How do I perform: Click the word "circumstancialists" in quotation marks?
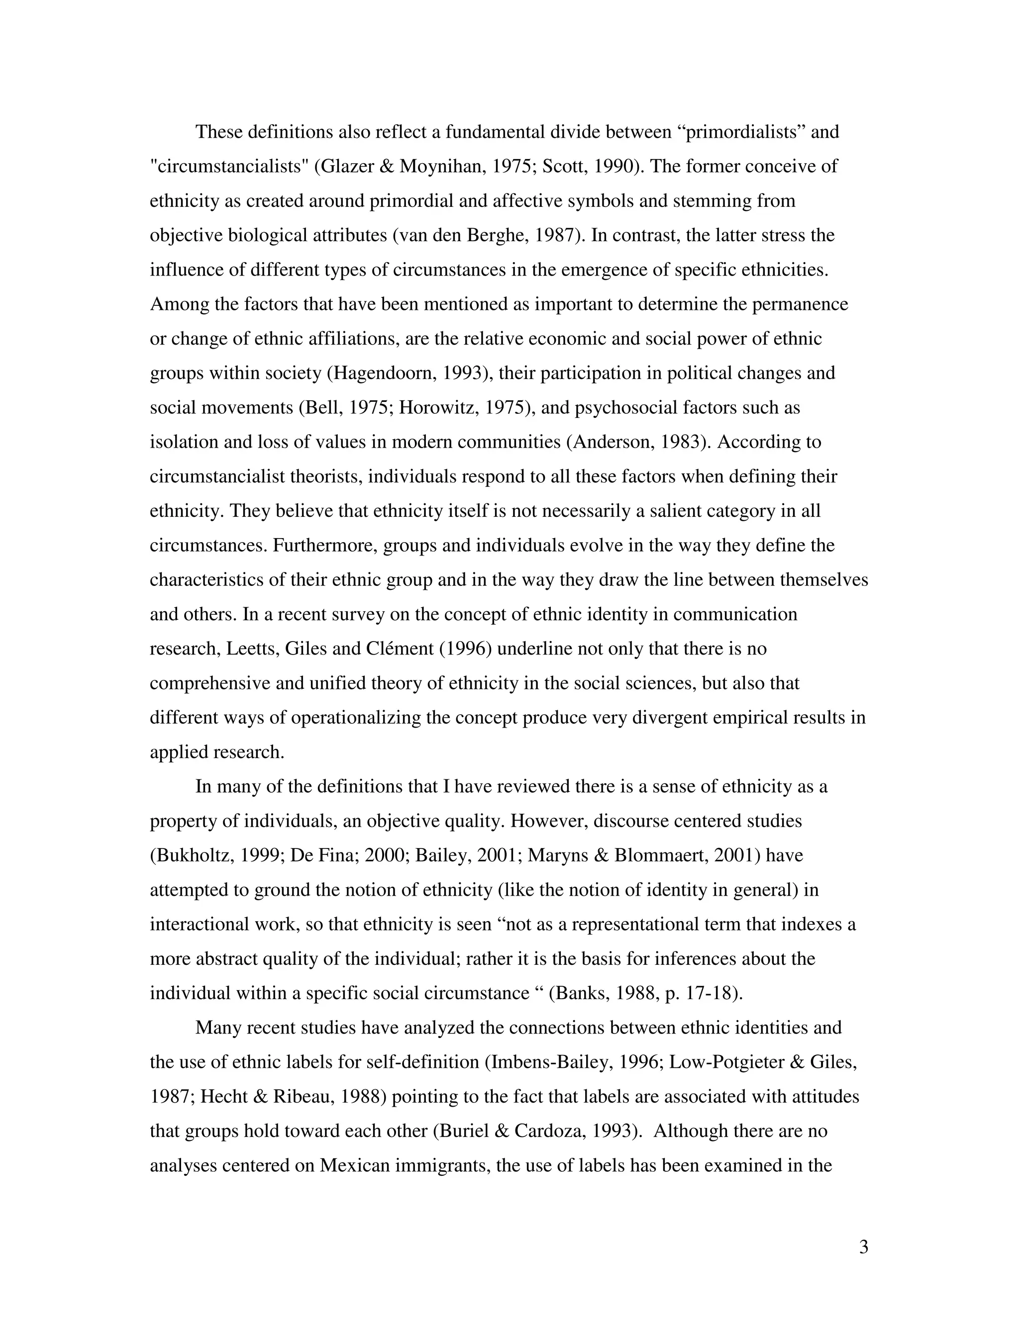click(229, 166)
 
